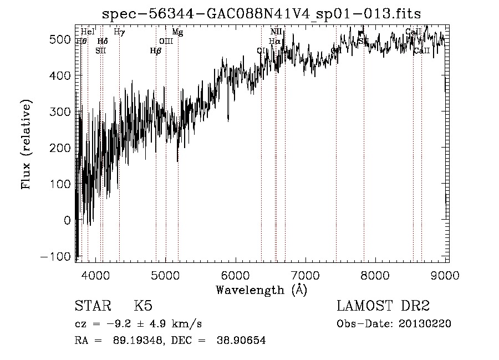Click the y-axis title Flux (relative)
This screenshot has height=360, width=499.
[x=26, y=144]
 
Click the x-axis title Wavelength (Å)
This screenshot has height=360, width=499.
[x=261, y=290]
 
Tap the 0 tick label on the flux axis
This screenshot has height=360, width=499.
[x=67, y=220]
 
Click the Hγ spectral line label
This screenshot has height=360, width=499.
[x=119, y=32]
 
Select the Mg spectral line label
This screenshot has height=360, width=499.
[x=177, y=32]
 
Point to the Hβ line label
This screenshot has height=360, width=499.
[x=156, y=50]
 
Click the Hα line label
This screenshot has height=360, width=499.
[x=275, y=41]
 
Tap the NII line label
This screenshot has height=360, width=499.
[x=276, y=32]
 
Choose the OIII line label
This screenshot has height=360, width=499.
[x=166, y=41]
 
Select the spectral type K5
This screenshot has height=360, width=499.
[x=143, y=307]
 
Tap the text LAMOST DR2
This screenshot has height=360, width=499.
[x=383, y=307]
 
